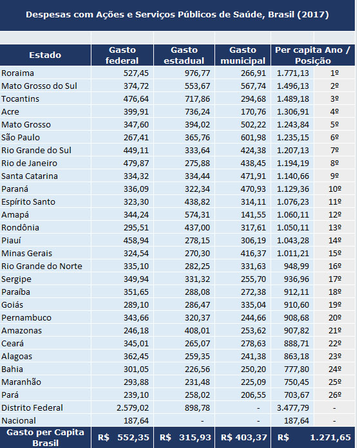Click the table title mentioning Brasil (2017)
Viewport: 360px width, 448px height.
point(177,15)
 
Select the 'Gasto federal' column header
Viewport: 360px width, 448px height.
point(122,55)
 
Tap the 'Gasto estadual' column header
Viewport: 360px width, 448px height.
point(184,55)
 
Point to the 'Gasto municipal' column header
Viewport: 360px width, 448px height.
point(243,55)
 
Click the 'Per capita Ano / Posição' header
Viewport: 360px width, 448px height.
point(312,55)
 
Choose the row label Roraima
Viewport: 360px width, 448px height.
point(17,73)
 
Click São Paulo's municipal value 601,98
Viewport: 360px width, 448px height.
point(253,138)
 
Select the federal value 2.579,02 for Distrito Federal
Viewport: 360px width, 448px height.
point(133,407)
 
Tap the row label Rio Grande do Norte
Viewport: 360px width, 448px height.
point(42,266)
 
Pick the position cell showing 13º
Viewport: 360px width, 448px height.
point(335,228)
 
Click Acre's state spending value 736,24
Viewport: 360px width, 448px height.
point(197,112)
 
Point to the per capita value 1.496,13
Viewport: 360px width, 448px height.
point(293,86)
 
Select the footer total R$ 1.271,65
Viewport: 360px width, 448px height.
point(314,438)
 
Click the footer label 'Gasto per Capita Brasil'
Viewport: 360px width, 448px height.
point(45,438)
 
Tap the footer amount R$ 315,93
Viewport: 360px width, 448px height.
point(185,438)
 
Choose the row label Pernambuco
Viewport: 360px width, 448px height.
point(26,318)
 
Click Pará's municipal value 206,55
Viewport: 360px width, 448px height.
point(253,395)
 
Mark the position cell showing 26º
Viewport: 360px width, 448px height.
point(335,395)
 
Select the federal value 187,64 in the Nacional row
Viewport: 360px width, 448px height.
point(136,420)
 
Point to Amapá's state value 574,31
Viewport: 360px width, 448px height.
point(197,214)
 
